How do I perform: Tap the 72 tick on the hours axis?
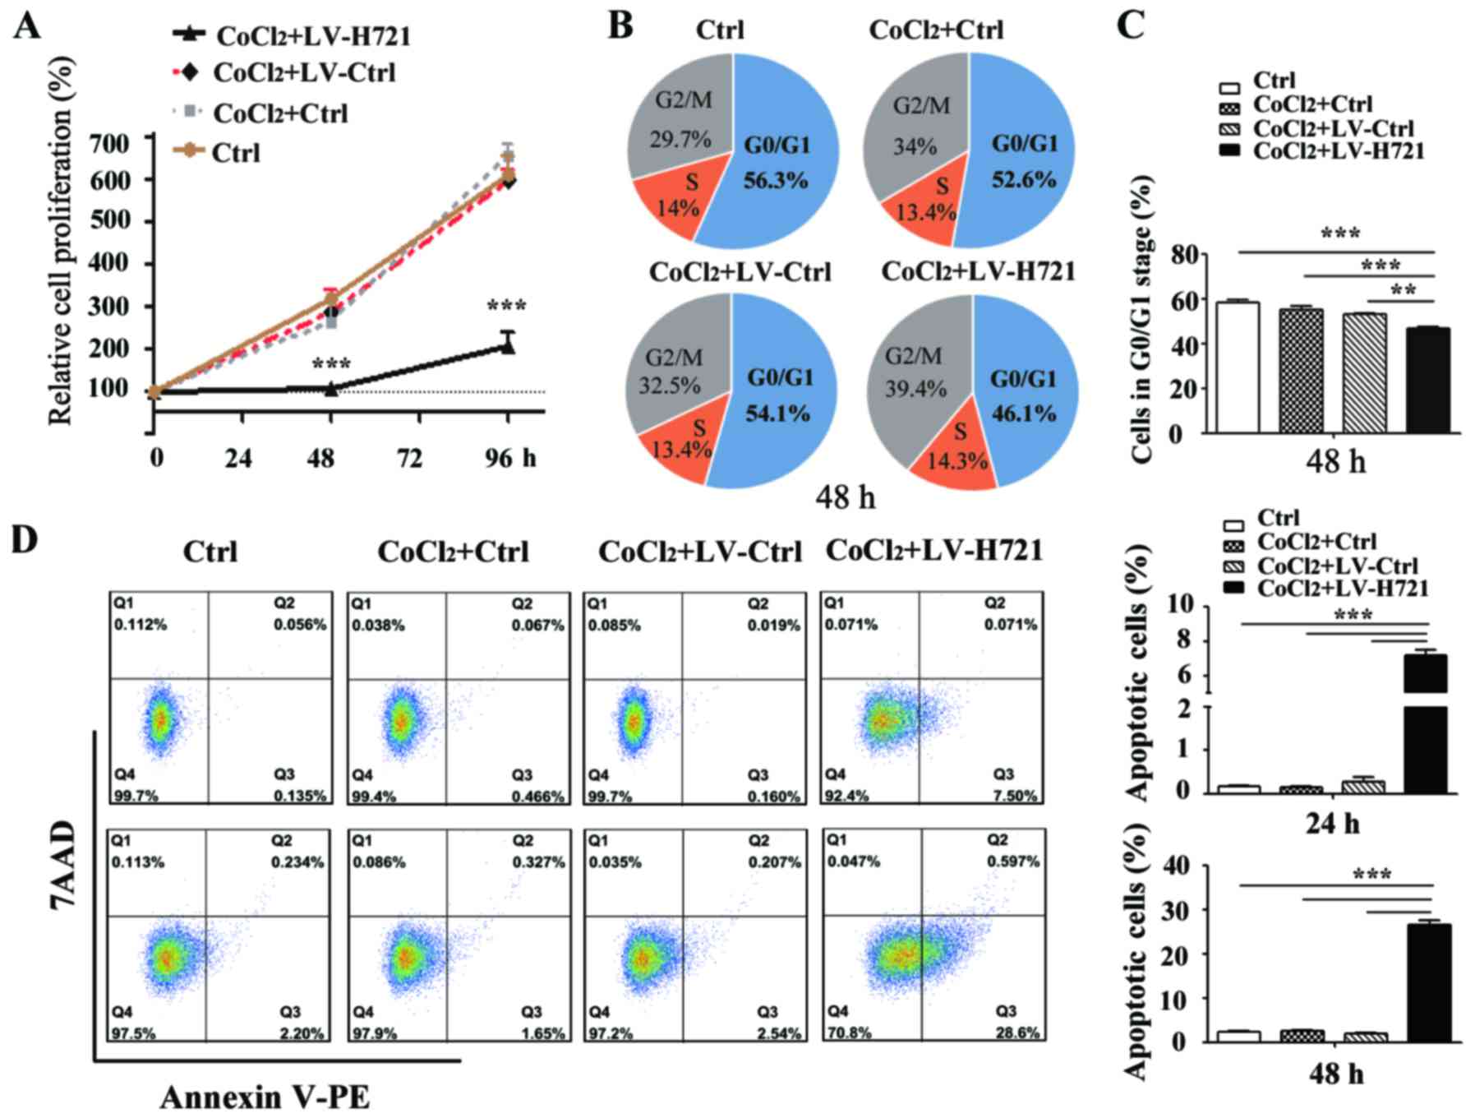point(409,458)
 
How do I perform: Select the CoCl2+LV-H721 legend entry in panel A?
point(313,37)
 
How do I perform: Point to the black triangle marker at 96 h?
point(508,347)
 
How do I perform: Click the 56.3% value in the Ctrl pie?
point(776,180)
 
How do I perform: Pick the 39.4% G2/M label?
point(915,388)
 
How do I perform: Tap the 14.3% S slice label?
point(957,460)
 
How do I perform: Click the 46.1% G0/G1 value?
point(1023,413)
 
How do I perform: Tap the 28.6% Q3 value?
point(1017,1033)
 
